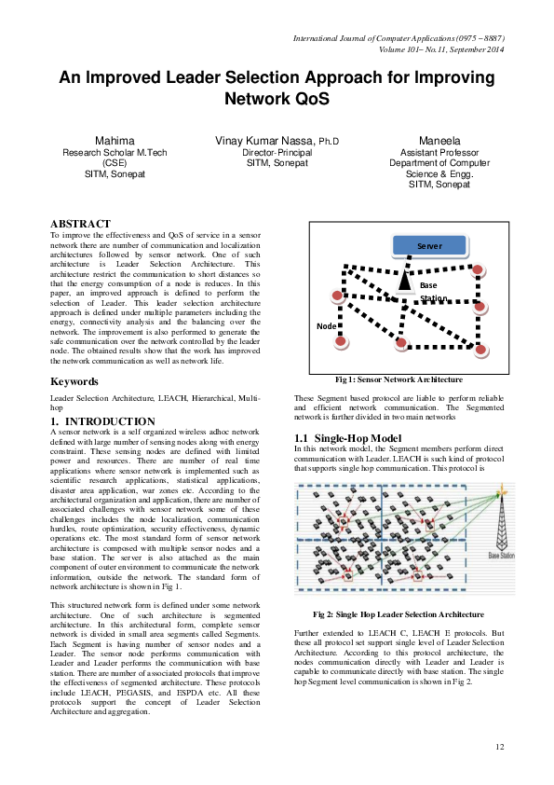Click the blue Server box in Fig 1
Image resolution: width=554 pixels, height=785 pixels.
click(428, 246)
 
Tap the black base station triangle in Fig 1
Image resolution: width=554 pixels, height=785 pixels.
click(404, 280)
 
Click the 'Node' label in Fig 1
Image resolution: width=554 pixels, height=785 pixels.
click(326, 326)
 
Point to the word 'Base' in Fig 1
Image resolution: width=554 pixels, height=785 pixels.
click(428, 285)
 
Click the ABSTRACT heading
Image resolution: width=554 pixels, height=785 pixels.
click(80, 224)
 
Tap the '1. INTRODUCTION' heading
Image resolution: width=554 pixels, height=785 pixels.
click(102, 422)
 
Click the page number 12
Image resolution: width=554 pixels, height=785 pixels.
click(499, 747)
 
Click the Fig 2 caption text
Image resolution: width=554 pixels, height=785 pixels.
click(398, 615)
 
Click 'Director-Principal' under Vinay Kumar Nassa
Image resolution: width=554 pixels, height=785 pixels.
click(277, 152)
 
